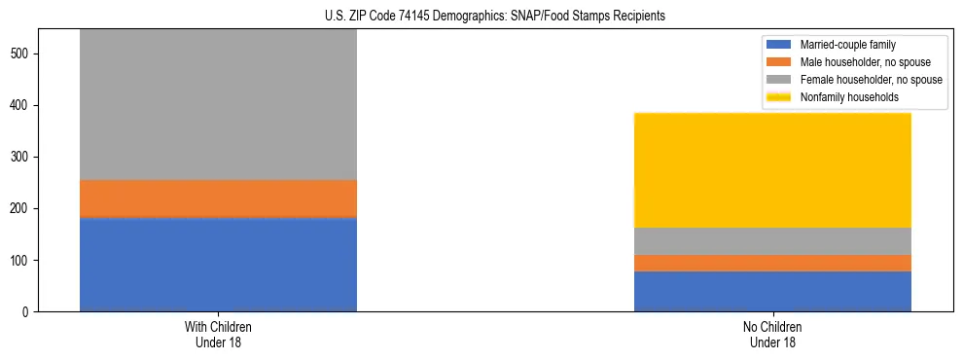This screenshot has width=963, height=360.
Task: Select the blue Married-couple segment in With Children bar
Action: [218, 264]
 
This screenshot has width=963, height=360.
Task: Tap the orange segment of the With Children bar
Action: [218, 198]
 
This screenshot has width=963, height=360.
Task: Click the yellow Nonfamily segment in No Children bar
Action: [772, 170]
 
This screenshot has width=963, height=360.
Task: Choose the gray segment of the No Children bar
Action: [772, 241]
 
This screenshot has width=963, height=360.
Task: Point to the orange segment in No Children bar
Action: [772, 263]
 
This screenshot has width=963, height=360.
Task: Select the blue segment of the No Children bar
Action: [772, 291]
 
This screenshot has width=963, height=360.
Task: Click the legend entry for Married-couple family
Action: [847, 45]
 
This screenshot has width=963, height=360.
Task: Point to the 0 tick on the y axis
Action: [31, 312]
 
